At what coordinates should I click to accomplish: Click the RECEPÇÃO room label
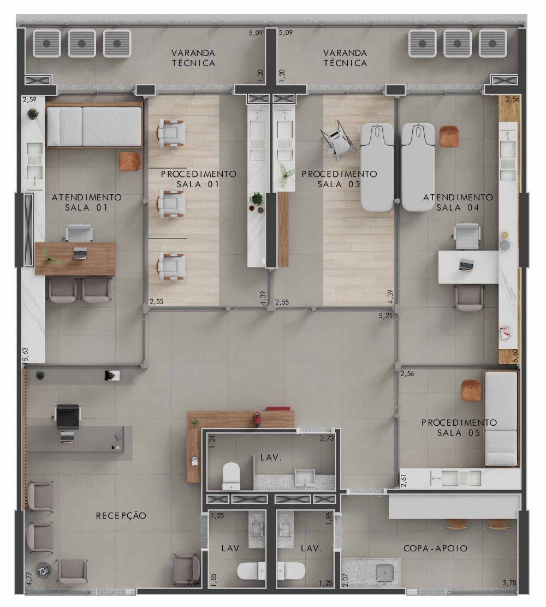click(x=121, y=516)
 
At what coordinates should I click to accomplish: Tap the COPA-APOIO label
click(x=435, y=548)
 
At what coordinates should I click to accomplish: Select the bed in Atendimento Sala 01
click(x=94, y=126)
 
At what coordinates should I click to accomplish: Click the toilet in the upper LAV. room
click(x=232, y=476)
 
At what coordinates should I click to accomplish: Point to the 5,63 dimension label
click(x=26, y=354)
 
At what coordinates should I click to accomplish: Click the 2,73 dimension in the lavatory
click(x=327, y=438)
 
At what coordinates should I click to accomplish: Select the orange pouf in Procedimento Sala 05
click(x=471, y=390)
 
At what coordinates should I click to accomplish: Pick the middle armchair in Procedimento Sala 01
click(x=171, y=203)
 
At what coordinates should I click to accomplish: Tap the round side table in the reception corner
click(x=43, y=570)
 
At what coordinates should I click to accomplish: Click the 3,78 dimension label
click(x=509, y=582)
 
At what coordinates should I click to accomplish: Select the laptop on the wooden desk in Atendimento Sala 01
click(x=80, y=253)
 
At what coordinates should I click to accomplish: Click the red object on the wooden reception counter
click(x=257, y=420)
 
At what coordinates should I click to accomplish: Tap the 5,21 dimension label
click(x=385, y=316)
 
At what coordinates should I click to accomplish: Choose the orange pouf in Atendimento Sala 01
click(x=130, y=162)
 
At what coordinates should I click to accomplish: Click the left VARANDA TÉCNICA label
click(x=194, y=58)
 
